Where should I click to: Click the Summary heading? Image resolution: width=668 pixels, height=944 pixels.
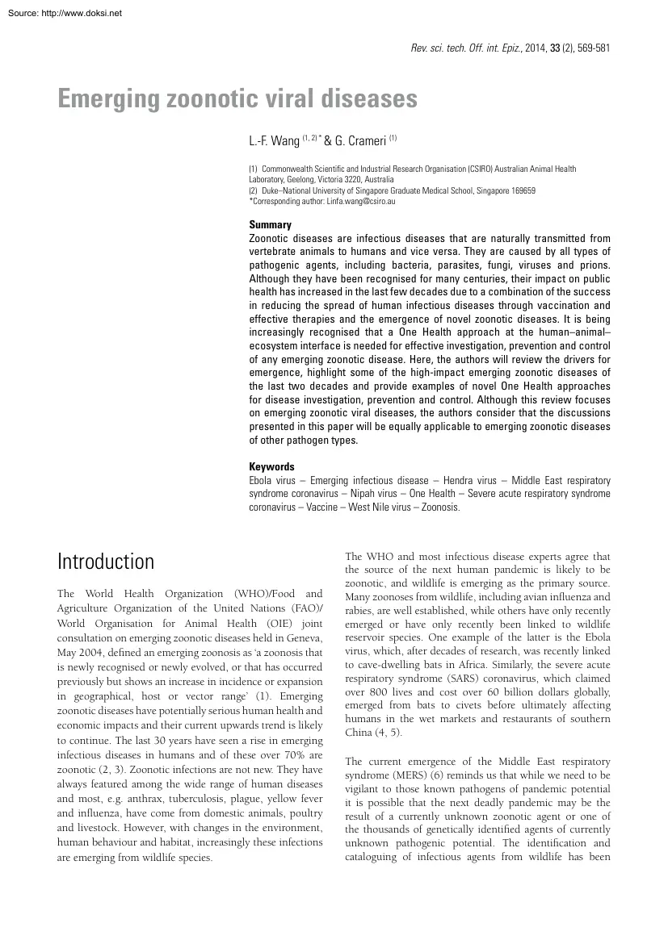tap(270, 225)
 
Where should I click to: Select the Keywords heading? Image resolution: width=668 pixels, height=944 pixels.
tap(272, 467)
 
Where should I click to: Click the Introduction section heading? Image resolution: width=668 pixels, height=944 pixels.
tap(105, 562)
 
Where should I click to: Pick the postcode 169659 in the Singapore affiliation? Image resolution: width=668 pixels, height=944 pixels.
tap(519, 190)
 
